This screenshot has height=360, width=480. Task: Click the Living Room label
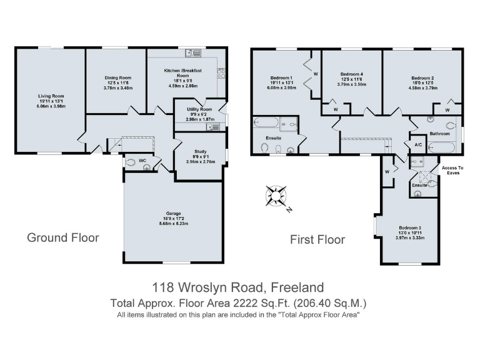coord(51,96)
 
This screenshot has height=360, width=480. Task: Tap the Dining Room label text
coord(117,78)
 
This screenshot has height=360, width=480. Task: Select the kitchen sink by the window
coord(189,52)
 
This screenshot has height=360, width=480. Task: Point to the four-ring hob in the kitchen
coord(221,73)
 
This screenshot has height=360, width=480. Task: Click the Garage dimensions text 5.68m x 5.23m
coord(173,222)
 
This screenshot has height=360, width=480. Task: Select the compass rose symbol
coord(274,196)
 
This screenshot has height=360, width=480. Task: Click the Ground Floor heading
coord(62,237)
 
